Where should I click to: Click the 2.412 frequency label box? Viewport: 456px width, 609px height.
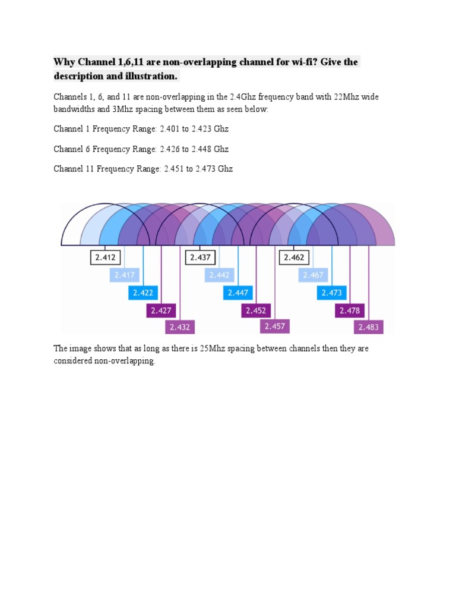pos(106,258)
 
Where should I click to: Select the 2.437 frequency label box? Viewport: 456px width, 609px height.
pos(200,258)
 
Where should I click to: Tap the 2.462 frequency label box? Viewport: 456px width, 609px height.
pos(294,258)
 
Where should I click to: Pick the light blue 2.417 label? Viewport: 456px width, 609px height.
pos(125,275)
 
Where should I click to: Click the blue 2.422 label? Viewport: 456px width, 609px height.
pos(143,293)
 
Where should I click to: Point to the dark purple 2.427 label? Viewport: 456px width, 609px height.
pos(161,310)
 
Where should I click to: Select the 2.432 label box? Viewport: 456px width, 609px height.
pos(179,327)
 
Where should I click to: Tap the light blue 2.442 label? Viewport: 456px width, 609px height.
pos(220,275)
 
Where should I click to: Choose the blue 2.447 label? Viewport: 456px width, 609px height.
pos(237,293)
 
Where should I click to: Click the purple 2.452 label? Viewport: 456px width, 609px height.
pos(256,310)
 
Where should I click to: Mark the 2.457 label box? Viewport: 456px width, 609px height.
pos(274,326)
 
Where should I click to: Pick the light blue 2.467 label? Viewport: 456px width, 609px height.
pos(313,275)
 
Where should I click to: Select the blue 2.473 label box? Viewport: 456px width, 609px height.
pos(332,293)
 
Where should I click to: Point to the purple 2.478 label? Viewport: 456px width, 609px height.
pos(350,310)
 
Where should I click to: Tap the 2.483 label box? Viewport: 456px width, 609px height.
pos(369,327)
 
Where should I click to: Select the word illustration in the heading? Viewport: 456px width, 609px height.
pos(150,77)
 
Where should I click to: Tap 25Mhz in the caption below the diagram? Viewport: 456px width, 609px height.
pos(221,349)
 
